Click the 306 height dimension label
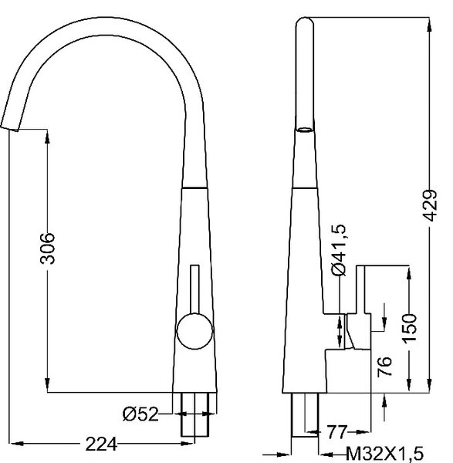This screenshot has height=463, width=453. click(x=48, y=248)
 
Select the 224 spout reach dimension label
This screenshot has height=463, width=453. click(x=101, y=444)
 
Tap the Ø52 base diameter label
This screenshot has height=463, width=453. click(x=140, y=414)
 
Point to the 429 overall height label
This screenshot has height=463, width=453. click(x=429, y=205)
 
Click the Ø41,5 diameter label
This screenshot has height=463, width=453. click(x=339, y=250)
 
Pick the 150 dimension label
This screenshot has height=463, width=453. click(x=409, y=329)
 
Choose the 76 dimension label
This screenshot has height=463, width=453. click(x=384, y=366)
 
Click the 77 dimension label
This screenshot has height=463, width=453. click(x=336, y=432)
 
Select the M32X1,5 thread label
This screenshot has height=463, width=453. click(x=384, y=454)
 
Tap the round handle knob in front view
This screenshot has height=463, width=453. click(x=195, y=331)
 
